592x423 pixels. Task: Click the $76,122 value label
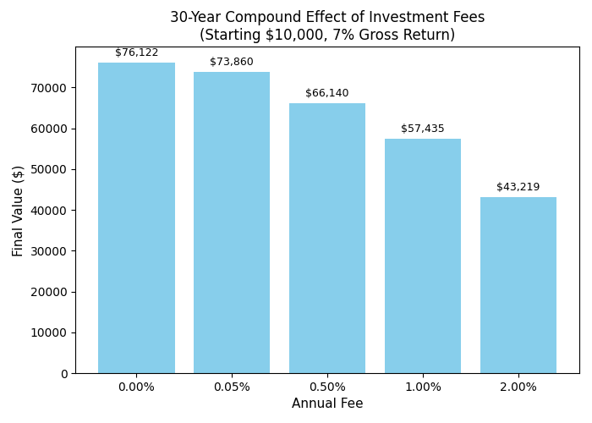pos(136,52)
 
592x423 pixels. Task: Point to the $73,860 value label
pos(232,62)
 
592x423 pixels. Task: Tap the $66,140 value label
pos(327,93)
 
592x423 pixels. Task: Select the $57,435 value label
pos(423,129)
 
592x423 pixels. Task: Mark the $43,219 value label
pos(518,187)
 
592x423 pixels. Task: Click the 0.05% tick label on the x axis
pos(232,387)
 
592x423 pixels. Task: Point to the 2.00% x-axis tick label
pos(518,387)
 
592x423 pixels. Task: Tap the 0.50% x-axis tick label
pos(327,387)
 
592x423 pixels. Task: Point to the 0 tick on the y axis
pos(63,373)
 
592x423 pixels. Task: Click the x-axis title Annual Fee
pos(327,404)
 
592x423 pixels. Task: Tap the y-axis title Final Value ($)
pos(19,211)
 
